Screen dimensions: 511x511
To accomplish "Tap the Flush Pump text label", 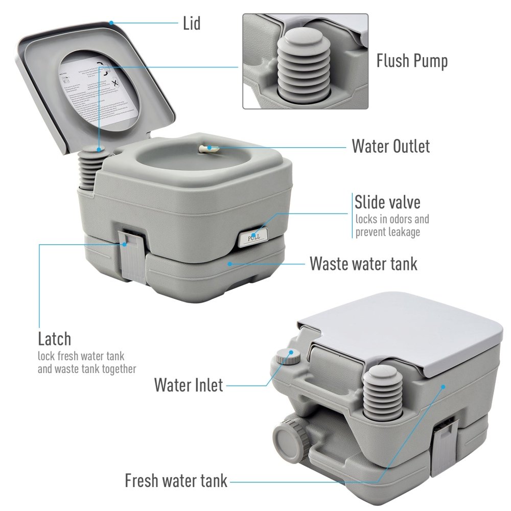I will point(412,61).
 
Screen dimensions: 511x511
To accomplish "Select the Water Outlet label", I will point(390,146).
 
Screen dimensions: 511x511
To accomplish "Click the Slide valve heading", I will point(387,202).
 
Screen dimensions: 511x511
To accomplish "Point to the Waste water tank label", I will point(363,264).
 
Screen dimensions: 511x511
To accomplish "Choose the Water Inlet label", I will point(189,384).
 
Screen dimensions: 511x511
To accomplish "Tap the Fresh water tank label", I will point(176,480).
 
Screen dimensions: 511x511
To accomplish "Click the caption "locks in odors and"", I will point(392,219).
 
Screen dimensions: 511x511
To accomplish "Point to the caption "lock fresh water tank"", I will point(81,356).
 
